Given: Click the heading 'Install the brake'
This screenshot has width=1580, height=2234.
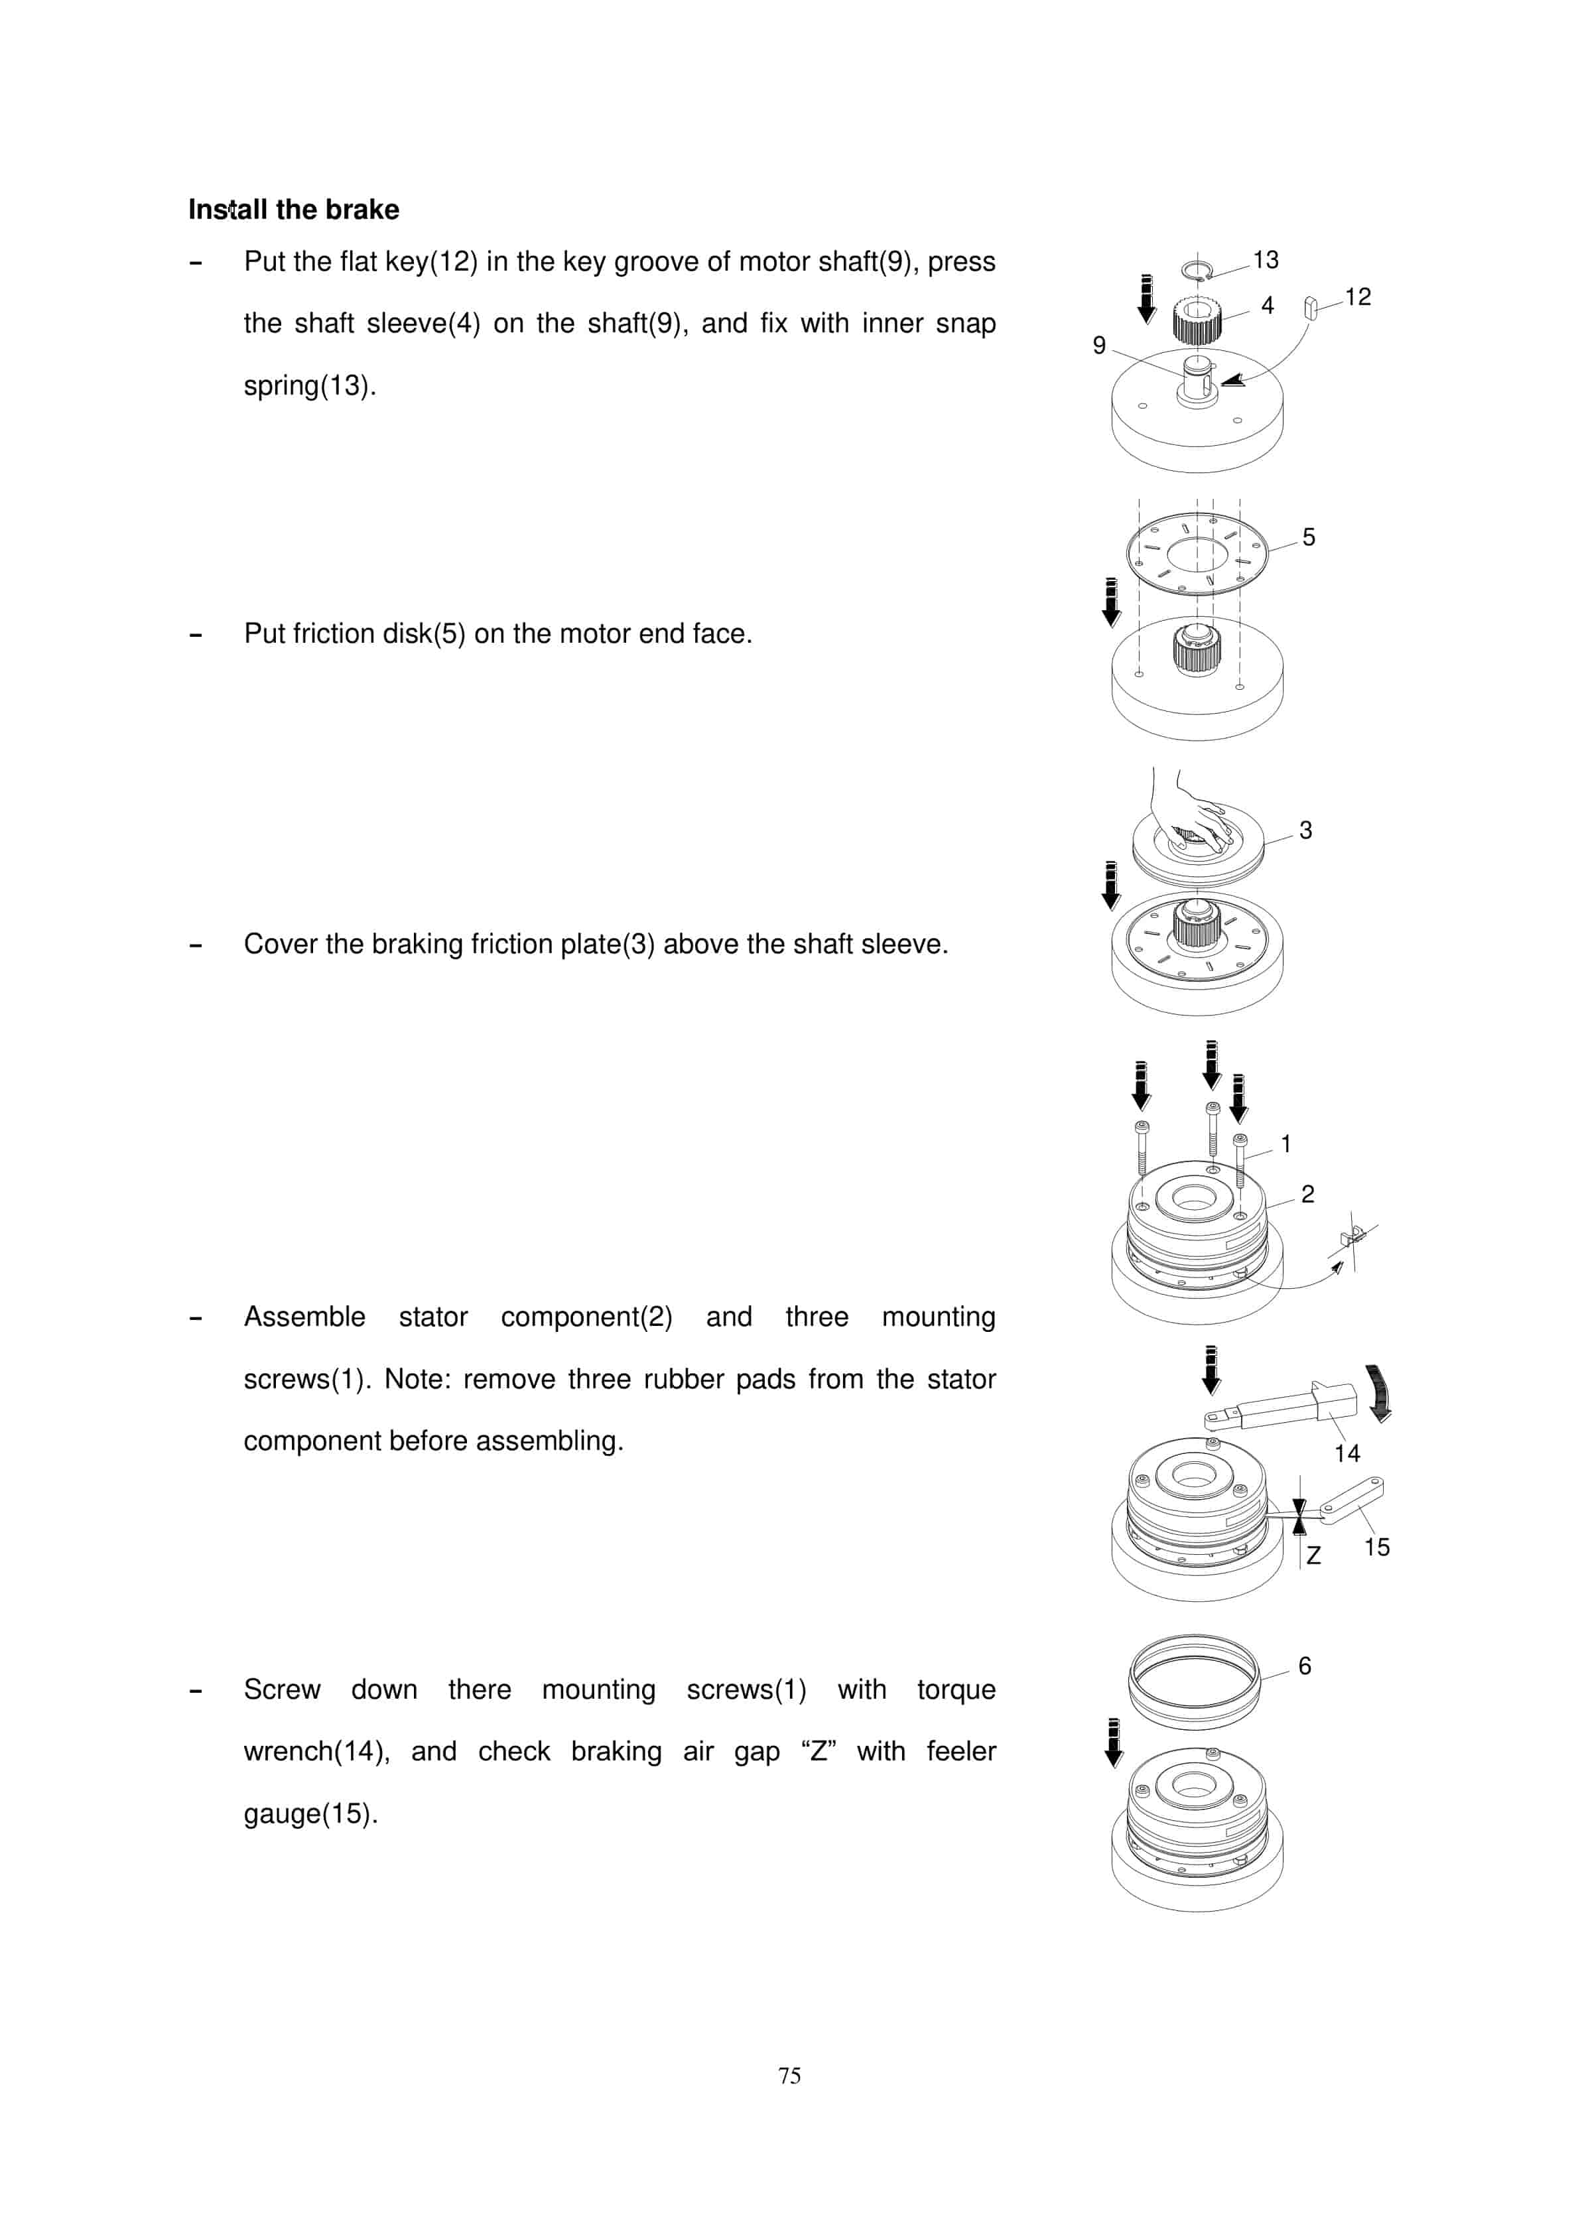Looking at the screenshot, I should click(x=294, y=210).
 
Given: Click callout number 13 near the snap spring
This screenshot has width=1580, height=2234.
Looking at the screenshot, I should click(x=1265, y=260).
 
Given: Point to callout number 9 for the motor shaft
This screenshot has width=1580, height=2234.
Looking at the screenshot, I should click(x=1098, y=346).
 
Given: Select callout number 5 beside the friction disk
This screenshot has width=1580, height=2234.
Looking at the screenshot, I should click(x=1309, y=537).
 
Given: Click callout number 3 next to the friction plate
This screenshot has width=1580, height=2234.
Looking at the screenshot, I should click(x=1305, y=830).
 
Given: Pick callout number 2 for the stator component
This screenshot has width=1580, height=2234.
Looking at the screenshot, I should click(x=1307, y=1194).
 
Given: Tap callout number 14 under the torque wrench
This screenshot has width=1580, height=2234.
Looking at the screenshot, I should click(x=1347, y=1454).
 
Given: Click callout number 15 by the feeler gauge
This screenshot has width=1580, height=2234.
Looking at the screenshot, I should click(x=1376, y=1547).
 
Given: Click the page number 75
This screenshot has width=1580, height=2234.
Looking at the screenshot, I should click(x=789, y=2075).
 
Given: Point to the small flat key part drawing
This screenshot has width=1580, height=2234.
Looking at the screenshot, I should click(x=1311, y=308).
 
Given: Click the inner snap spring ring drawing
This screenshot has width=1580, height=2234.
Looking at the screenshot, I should click(x=1196, y=269).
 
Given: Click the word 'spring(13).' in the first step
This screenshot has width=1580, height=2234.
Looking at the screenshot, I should click(x=309, y=386).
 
